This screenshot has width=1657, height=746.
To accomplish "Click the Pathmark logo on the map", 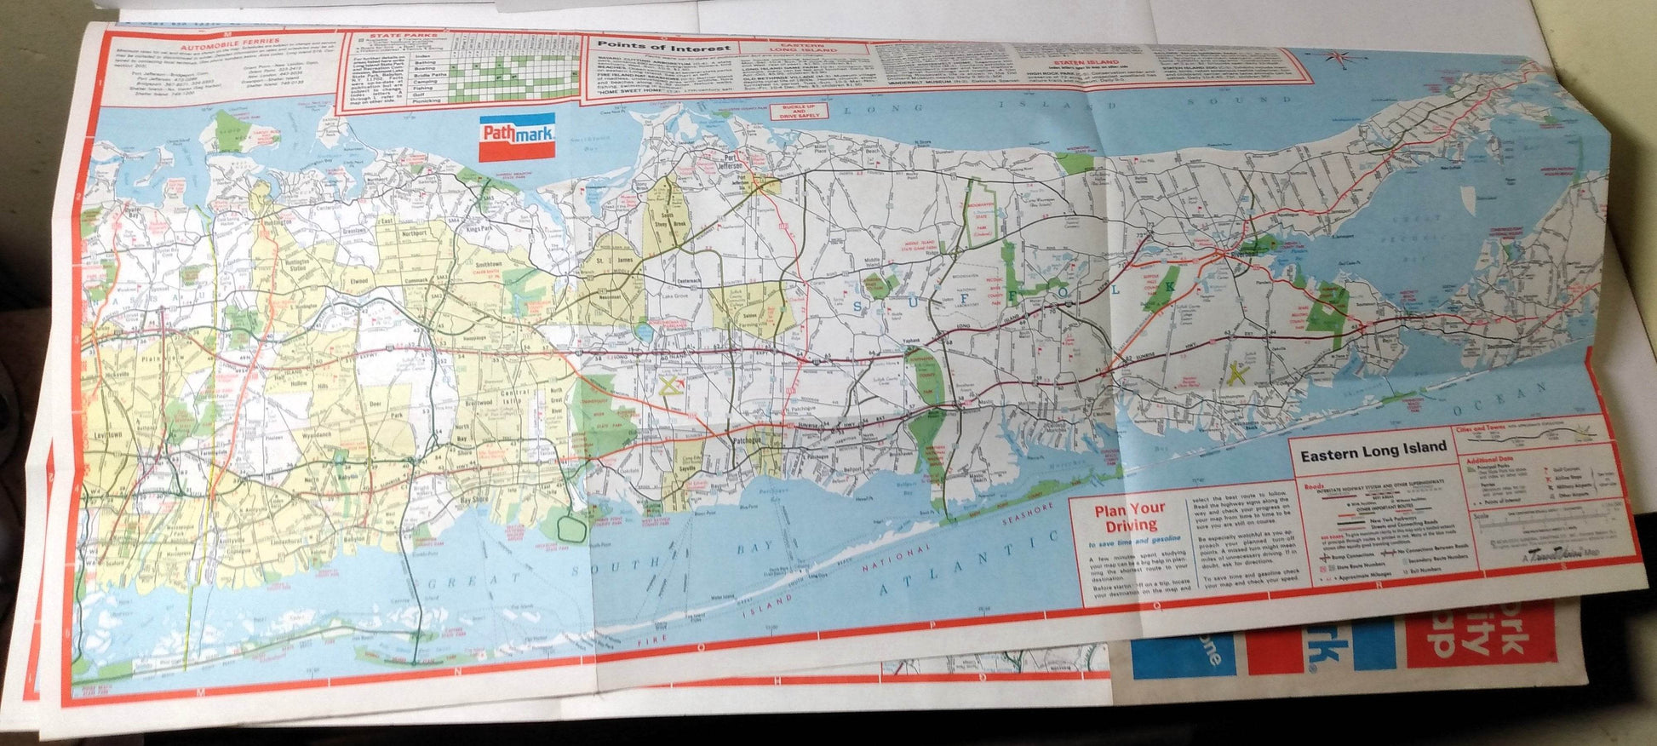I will [517, 136].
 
